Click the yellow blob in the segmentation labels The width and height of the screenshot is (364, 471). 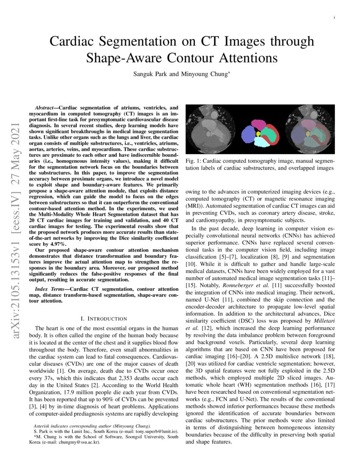[x=258, y=134]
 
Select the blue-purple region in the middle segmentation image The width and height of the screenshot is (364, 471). [x=248, y=135]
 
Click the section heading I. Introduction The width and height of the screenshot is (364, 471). [x=104, y=319]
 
